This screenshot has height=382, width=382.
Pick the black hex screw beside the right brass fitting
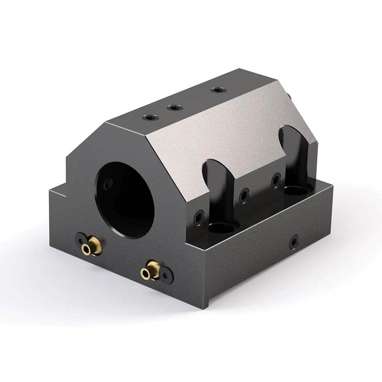[x=167, y=275]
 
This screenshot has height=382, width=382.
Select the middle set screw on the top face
[x=175, y=108]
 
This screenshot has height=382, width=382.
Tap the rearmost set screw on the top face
[x=218, y=90]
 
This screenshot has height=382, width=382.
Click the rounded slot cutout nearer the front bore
[x=220, y=191]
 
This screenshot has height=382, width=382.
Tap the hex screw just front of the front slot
[x=199, y=217]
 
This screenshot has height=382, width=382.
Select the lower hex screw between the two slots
[x=244, y=195]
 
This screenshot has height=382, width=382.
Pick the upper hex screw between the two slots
[x=276, y=180]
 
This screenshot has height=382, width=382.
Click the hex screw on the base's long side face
[x=293, y=242]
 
